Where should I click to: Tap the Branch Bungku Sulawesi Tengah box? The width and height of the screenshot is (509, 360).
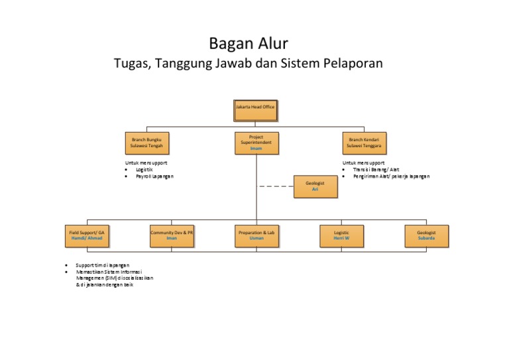(x=146, y=143)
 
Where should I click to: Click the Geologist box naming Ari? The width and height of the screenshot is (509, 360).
(x=315, y=186)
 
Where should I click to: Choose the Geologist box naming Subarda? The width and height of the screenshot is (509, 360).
(x=426, y=235)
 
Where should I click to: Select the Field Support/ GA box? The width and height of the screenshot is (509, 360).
(x=87, y=235)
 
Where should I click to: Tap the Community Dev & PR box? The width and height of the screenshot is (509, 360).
(x=172, y=235)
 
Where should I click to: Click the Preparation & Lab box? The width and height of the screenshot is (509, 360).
(x=256, y=235)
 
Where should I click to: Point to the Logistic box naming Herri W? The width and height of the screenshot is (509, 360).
(x=341, y=235)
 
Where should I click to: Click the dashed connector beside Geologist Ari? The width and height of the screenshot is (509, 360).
(x=276, y=187)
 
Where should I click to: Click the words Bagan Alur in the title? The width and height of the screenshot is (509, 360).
(x=249, y=44)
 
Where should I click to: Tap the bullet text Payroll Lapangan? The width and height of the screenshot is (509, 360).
(x=154, y=176)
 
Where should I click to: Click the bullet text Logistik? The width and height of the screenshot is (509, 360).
(x=145, y=169)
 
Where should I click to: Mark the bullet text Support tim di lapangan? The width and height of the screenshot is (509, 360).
(x=103, y=265)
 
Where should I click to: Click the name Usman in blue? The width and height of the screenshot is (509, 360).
(x=256, y=239)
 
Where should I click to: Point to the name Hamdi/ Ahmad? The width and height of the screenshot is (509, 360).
(x=87, y=239)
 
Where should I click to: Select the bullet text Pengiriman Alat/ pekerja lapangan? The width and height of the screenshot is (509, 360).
(x=391, y=176)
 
